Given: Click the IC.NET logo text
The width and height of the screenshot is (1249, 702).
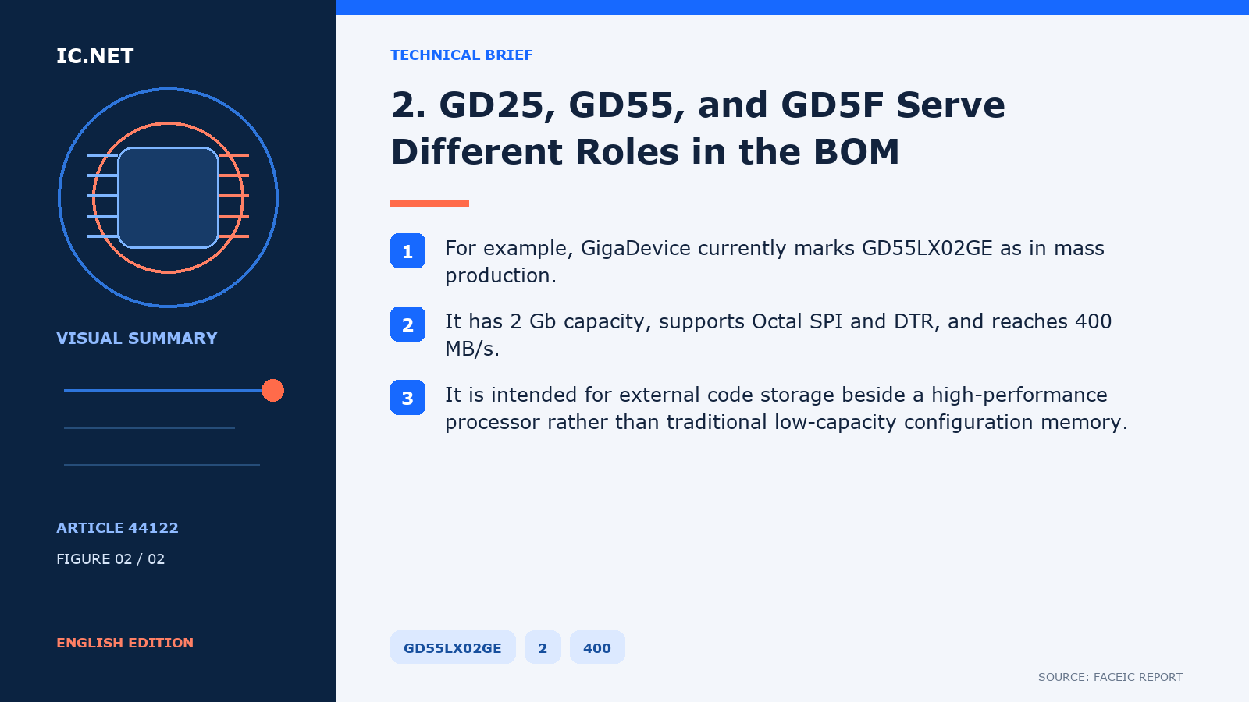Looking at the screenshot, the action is pyautogui.click(x=94, y=55).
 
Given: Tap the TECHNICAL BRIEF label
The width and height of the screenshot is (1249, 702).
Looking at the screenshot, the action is pyautogui.click(x=461, y=55).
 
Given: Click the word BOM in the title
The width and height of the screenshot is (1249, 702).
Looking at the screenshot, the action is pyautogui.click(x=856, y=151).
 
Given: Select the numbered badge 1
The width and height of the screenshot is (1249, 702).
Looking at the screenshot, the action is pyautogui.click(x=407, y=250).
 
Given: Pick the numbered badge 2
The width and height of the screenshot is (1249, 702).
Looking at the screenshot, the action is pyautogui.click(x=407, y=324).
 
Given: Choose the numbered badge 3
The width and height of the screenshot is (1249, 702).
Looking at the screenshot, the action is pyautogui.click(x=407, y=397).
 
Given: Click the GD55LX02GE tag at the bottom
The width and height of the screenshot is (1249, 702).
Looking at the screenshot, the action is pyautogui.click(x=453, y=647).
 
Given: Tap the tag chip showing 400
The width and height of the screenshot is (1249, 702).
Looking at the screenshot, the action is pyautogui.click(x=597, y=647).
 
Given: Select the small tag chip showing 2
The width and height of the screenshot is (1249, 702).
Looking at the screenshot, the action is pyautogui.click(x=543, y=647).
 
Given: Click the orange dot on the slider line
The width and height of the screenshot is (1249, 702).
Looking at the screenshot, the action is pyautogui.click(x=272, y=391).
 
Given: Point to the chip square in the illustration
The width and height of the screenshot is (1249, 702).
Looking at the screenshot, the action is pyautogui.click(x=168, y=197).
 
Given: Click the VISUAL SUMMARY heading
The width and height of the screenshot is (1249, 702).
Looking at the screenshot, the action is pyautogui.click(x=137, y=339).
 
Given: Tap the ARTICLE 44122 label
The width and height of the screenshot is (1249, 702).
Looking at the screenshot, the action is pyautogui.click(x=117, y=527).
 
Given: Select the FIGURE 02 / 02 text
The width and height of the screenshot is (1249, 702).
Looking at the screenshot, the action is pyautogui.click(x=110, y=558).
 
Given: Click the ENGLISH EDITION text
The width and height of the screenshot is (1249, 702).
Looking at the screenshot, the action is pyautogui.click(x=125, y=643).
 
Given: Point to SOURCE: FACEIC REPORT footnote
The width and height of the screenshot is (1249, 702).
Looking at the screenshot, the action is pyautogui.click(x=1110, y=677).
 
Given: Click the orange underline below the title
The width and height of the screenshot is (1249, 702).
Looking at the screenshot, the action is pyautogui.click(x=429, y=204).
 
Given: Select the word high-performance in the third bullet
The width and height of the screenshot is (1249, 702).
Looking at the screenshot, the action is pyautogui.click(x=1019, y=395).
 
